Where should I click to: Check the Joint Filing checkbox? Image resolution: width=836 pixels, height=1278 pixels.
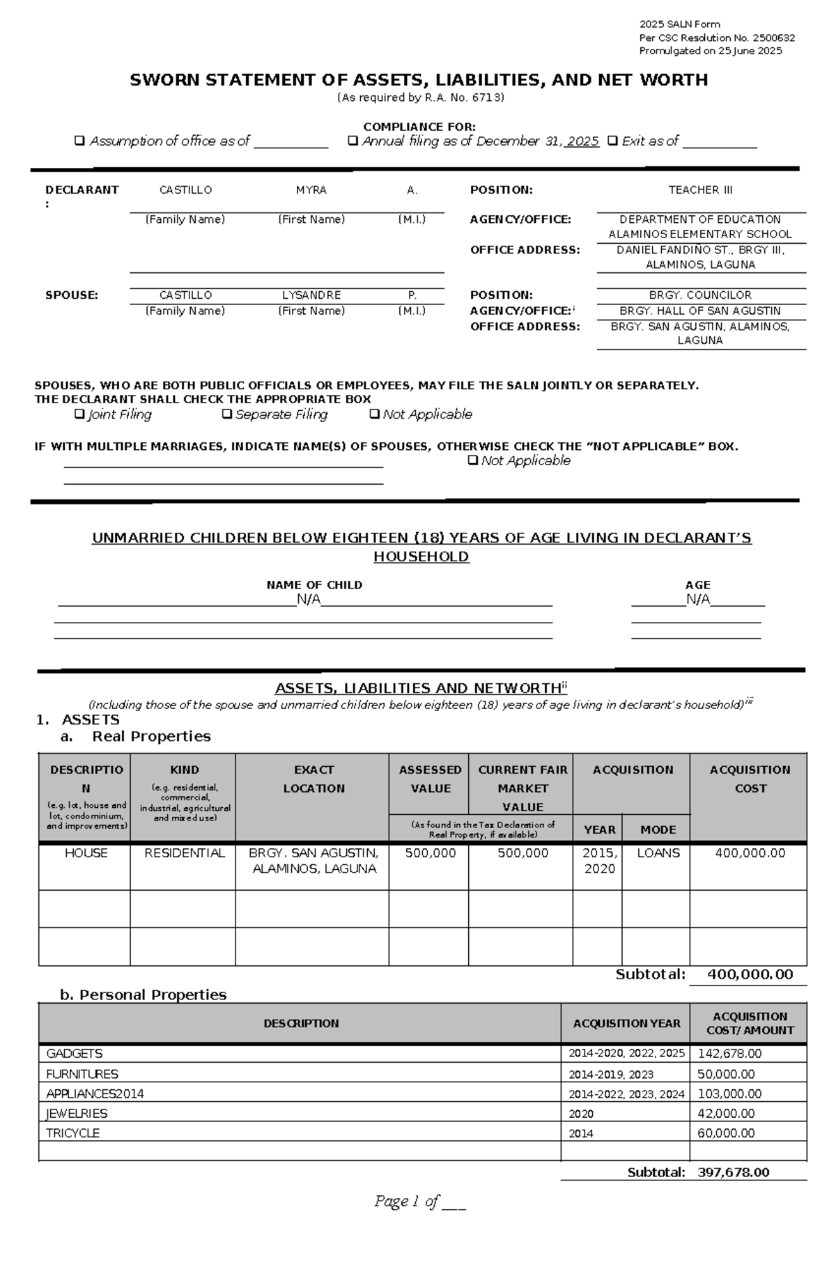pos(79,414)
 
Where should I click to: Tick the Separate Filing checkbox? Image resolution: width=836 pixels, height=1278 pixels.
pos(226,414)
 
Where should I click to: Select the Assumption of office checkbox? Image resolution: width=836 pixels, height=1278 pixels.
pos(79,141)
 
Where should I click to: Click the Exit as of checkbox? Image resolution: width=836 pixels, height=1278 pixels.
pos(612,141)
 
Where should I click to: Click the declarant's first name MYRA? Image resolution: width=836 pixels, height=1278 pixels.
pos(311,190)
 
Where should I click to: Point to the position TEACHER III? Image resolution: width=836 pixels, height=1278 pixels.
pos(700,190)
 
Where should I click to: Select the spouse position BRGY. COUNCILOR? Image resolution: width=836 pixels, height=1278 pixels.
pos(700,295)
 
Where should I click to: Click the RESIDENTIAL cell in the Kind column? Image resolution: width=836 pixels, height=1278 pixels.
pos(184,853)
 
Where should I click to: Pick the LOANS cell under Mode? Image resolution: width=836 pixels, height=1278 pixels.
pos(658,853)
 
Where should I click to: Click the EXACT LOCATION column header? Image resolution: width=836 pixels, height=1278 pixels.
pos(313,779)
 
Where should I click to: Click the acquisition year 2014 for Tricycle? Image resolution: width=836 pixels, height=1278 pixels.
pos(581,1134)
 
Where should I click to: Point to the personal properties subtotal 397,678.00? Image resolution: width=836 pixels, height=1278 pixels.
pos(733,1173)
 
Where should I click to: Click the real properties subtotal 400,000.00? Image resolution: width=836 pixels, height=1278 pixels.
pos(750,974)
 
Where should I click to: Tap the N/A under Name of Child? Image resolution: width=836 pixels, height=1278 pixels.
pos(308,600)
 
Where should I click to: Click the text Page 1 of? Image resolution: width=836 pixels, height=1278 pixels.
pos(406,1201)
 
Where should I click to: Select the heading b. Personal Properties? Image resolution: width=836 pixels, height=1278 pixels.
pos(143,995)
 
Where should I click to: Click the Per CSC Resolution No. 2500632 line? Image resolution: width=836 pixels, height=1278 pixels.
pos(717,38)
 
